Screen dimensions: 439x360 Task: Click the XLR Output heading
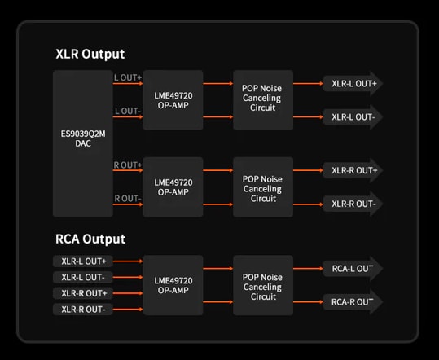[x=90, y=54]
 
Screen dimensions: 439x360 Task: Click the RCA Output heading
[x=90, y=239]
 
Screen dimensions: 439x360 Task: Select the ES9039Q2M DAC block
[x=83, y=143]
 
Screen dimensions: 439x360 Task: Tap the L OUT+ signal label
[x=128, y=77]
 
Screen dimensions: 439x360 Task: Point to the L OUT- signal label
[x=128, y=111]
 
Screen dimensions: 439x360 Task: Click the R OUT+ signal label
[x=128, y=165]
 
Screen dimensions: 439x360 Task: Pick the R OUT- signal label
[x=128, y=199]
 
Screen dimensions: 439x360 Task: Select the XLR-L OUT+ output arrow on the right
[x=353, y=83]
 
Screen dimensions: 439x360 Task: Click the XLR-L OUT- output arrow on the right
[x=353, y=117]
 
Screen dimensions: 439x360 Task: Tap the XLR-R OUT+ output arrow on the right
[x=353, y=170]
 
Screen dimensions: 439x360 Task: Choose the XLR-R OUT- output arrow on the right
[x=353, y=204]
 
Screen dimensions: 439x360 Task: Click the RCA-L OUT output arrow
[x=353, y=269]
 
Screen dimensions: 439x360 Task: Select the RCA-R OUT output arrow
[x=353, y=302]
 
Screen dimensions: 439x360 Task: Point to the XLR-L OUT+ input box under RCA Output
[x=83, y=261]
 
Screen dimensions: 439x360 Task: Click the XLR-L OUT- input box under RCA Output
[x=83, y=277]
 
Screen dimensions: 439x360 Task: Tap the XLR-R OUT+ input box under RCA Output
[x=83, y=293]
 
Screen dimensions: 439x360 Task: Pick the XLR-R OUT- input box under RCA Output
[x=83, y=310]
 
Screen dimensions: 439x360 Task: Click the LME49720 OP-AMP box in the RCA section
[x=173, y=285]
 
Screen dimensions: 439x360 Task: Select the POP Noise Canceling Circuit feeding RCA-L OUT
[x=263, y=285]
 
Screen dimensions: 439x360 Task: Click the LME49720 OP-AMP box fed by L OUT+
[x=173, y=100]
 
